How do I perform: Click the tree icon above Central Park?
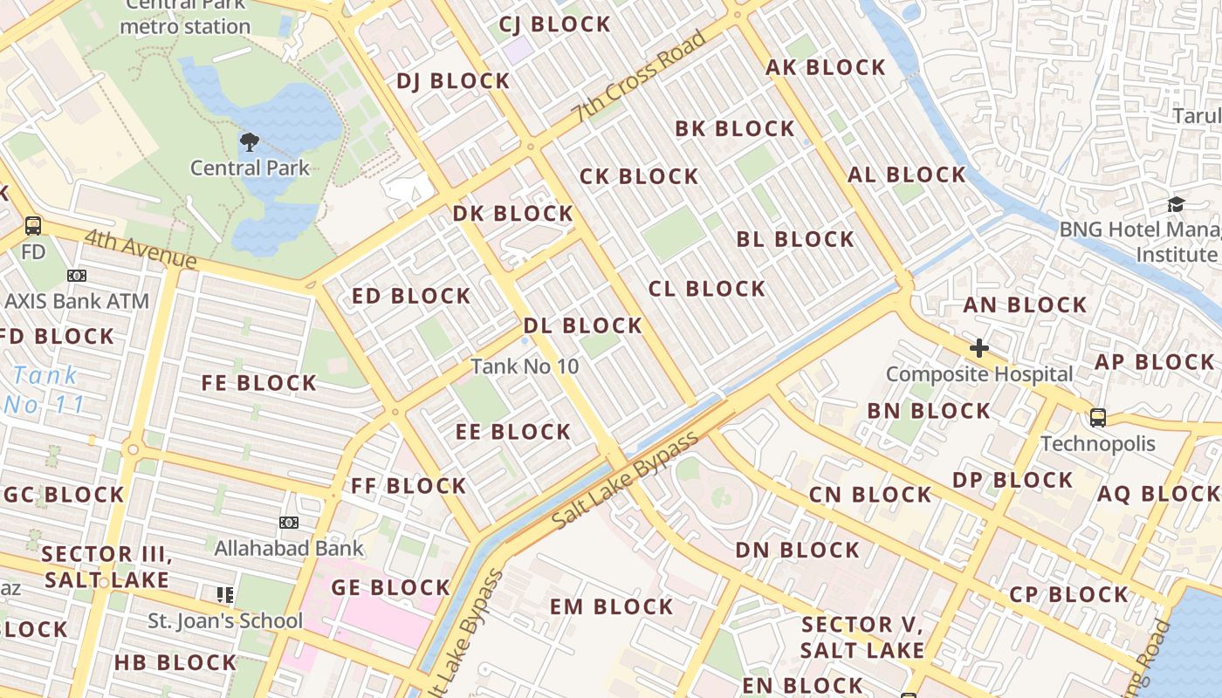[249, 141]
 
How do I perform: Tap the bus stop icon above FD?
[33, 226]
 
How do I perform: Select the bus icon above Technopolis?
[1098, 417]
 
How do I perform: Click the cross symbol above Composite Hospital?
[978, 348]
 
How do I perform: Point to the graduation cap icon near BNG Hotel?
[1176, 204]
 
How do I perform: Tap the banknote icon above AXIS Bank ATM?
[77, 276]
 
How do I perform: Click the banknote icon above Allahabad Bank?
[289, 523]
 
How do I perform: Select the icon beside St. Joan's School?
[225, 595]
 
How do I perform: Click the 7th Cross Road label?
[640, 77]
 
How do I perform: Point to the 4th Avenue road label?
[141, 249]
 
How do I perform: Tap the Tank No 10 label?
[525, 366]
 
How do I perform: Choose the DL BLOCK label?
[582, 325]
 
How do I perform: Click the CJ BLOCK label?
[554, 24]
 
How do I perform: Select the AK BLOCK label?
[826, 67]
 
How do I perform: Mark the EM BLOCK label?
[611, 606]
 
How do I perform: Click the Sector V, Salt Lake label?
[862, 637]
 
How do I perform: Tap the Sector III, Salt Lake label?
[106, 566]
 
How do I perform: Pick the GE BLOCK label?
[390, 587]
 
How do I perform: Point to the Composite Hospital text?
[979, 374]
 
